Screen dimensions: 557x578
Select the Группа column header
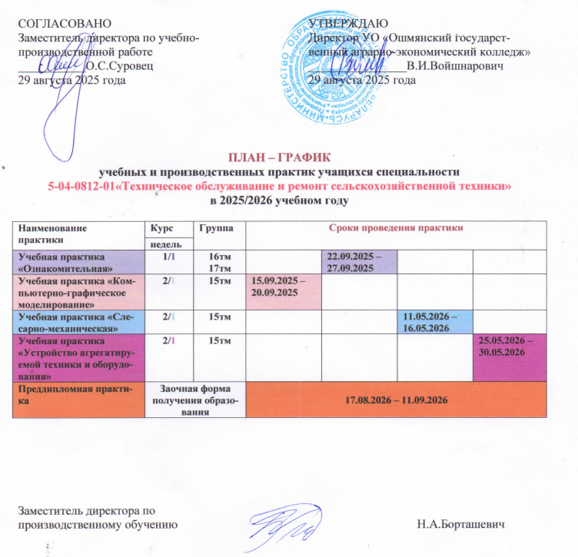pyautogui.click(x=213, y=229)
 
